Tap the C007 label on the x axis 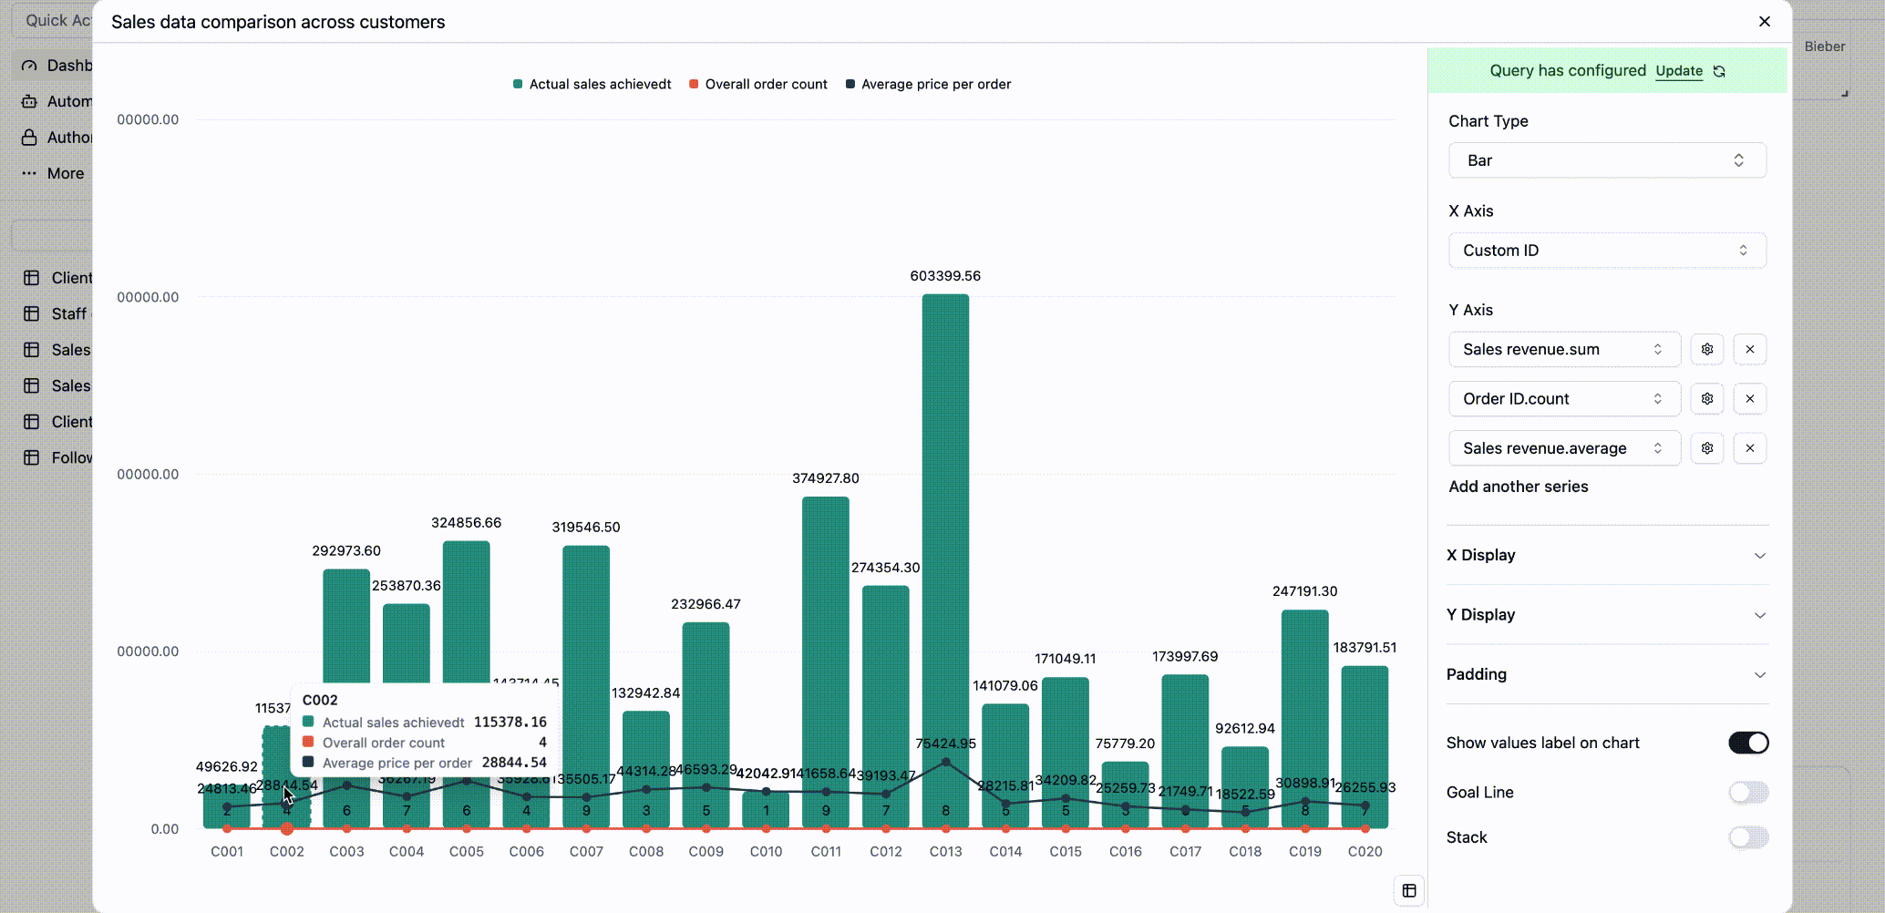click(x=586, y=851)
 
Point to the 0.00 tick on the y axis click(x=165, y=829)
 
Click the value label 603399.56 click(x=945, y=276)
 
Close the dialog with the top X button click(x=1765, y=22)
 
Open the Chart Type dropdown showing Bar click(x=1607, y=160)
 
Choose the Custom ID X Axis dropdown click(x=1607, y=251)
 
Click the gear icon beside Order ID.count click(x=1707, y=399)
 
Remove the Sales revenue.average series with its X click(x=1750, y=448)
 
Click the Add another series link click(x=1519, y=487)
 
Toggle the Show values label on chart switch click(x=1748, y=743)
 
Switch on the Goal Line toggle click(x=1748, y=793)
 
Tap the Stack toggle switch click(x=1748, y=837)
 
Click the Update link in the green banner click(x=1679, y=71)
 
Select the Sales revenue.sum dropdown click(x=1564, y=350)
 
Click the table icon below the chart click(x=1409, y=890)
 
